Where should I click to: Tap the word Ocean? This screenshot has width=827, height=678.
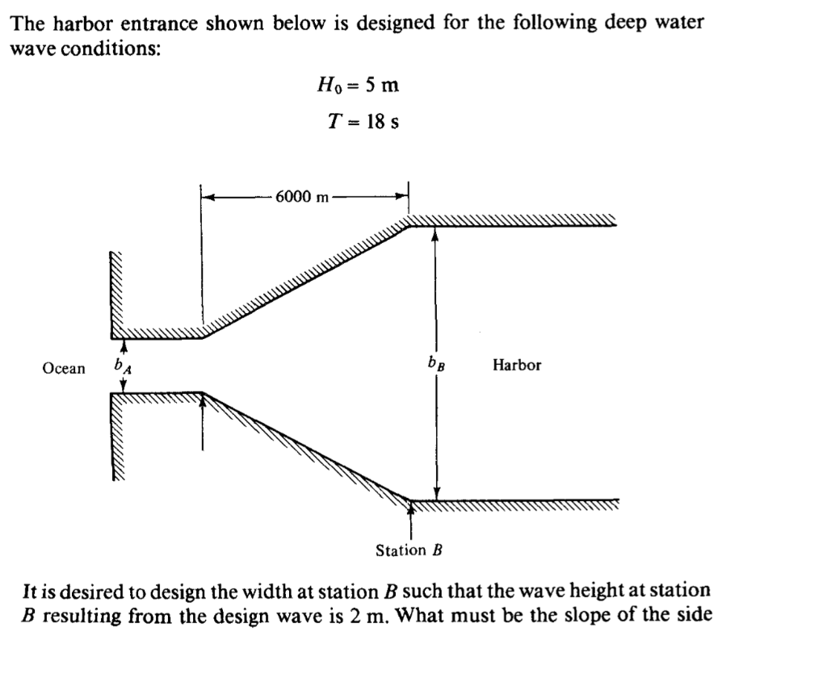pos(64,369)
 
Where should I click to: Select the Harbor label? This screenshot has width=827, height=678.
pos(517,365)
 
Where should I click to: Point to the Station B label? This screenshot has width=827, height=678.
pos(410,550)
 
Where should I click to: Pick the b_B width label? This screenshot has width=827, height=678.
pos(436,364)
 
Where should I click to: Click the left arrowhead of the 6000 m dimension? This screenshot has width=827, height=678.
pos(207,196)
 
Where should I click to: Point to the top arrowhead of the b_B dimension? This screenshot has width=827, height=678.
pos(435,234)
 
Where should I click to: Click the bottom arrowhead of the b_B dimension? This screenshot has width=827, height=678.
pos(436,493)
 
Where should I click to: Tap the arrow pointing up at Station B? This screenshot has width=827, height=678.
pos(411,506)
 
